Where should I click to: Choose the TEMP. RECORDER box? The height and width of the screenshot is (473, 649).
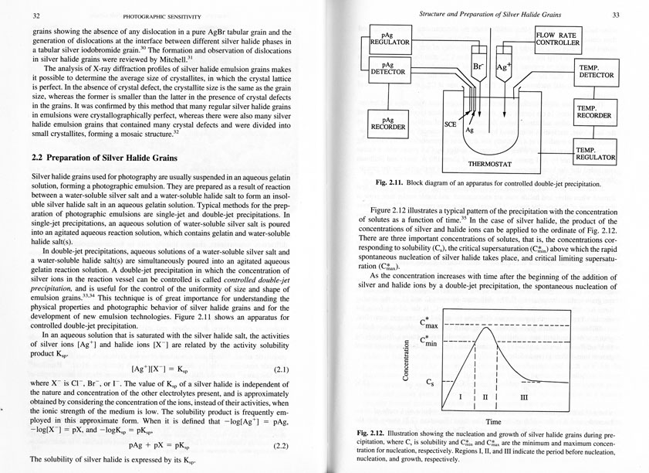click(x=595, y=111)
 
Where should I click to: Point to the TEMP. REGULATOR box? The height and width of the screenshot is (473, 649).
click(x=595, y=153)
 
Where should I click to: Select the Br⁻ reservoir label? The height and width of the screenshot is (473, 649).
click(x=480, y=68)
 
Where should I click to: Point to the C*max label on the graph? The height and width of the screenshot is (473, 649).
click(x=429, y=324)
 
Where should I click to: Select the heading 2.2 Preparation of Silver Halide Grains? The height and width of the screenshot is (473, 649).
click(x=105, y=158)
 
